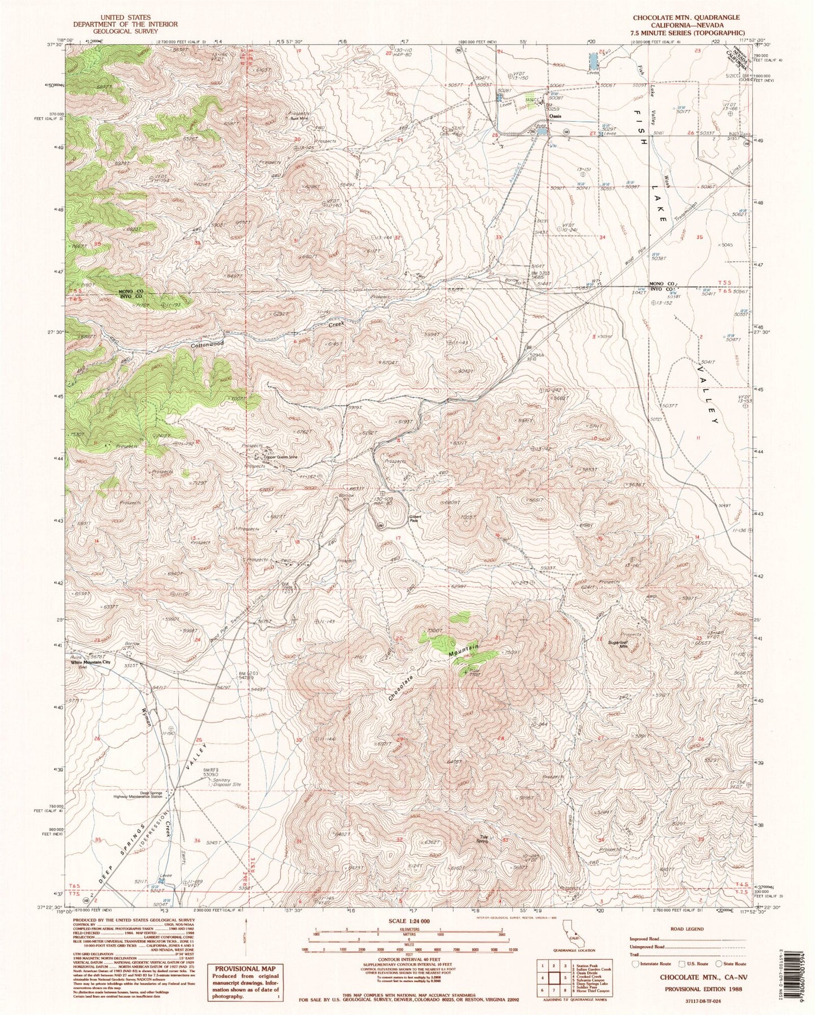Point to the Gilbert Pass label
pos(414,520)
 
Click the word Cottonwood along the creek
pos(208,343)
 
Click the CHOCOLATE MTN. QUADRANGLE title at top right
pos(686,18)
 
